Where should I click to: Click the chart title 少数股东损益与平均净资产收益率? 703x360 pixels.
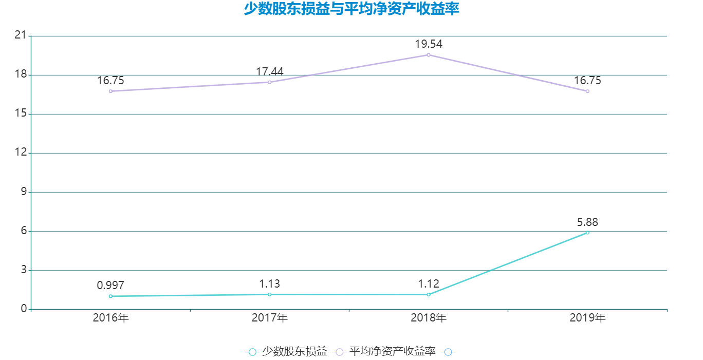tap(351, 9)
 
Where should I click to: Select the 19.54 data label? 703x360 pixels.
tap(428, 44)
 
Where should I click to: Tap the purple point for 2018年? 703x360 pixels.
tap(428, 55)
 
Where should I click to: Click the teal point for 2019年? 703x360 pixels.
tap(587, 233)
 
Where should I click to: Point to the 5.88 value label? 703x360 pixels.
tap(587, 222)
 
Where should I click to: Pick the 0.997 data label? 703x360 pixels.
tap(110, 286)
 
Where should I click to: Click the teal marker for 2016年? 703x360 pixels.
tap(110, 296)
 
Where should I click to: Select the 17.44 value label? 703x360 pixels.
tap(269, 72)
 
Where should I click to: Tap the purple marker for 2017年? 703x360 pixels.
tap(269, 82)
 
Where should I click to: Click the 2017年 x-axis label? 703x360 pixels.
tap(269, 318)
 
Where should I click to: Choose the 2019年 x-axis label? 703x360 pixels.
tap(587, 318)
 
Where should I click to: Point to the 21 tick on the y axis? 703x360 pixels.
tap(21, 35)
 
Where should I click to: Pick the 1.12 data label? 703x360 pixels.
tap(428, 284)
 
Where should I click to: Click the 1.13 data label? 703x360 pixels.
tap(269, 284)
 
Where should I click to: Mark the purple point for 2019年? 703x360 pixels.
tap(587, 91)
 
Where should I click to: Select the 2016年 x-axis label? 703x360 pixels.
tap(110, 318)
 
